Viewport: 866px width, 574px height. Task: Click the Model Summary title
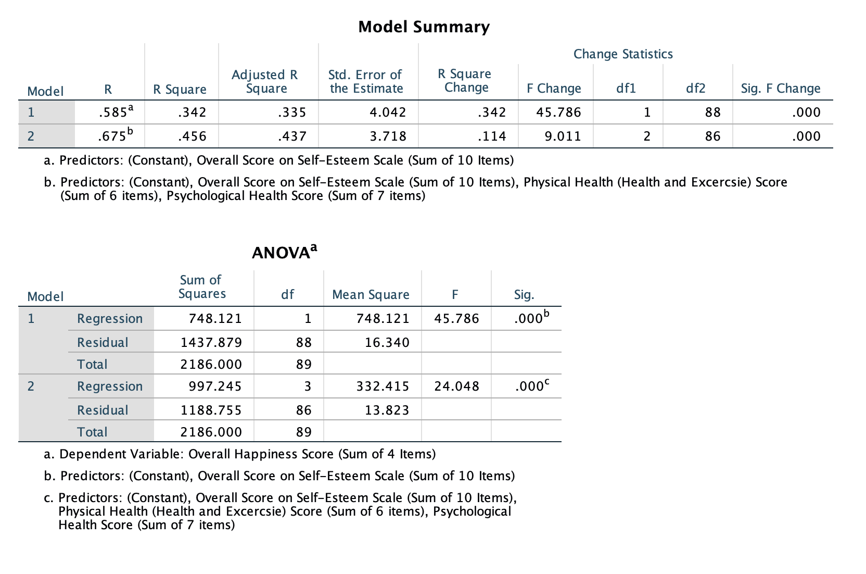click(424, 27)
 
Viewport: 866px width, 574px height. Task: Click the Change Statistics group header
click(623, 54)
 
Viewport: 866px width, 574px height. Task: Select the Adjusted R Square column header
click(265, 82)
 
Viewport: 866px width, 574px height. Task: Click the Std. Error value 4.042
click(387, 113)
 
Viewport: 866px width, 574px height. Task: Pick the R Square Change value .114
click(491, 136)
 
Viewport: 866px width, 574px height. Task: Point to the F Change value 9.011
click(563, 136)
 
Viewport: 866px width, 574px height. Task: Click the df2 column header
click(695, 89)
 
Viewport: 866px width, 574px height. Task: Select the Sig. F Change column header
click(781, 89)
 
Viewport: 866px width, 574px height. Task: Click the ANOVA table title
click(284, 253)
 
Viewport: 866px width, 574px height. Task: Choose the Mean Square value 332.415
click(383, 386)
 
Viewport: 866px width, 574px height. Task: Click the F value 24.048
click(456, 386)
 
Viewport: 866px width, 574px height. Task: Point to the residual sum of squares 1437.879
click(211, 343)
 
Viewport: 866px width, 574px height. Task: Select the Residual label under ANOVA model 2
click(103, 410)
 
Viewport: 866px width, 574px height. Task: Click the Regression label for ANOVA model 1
click(110, 319)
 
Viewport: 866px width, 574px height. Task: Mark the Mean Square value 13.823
click(387, 410)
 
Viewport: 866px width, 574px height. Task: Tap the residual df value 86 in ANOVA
click(304, 410)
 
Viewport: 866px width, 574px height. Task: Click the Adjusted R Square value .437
click(292, 136)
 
